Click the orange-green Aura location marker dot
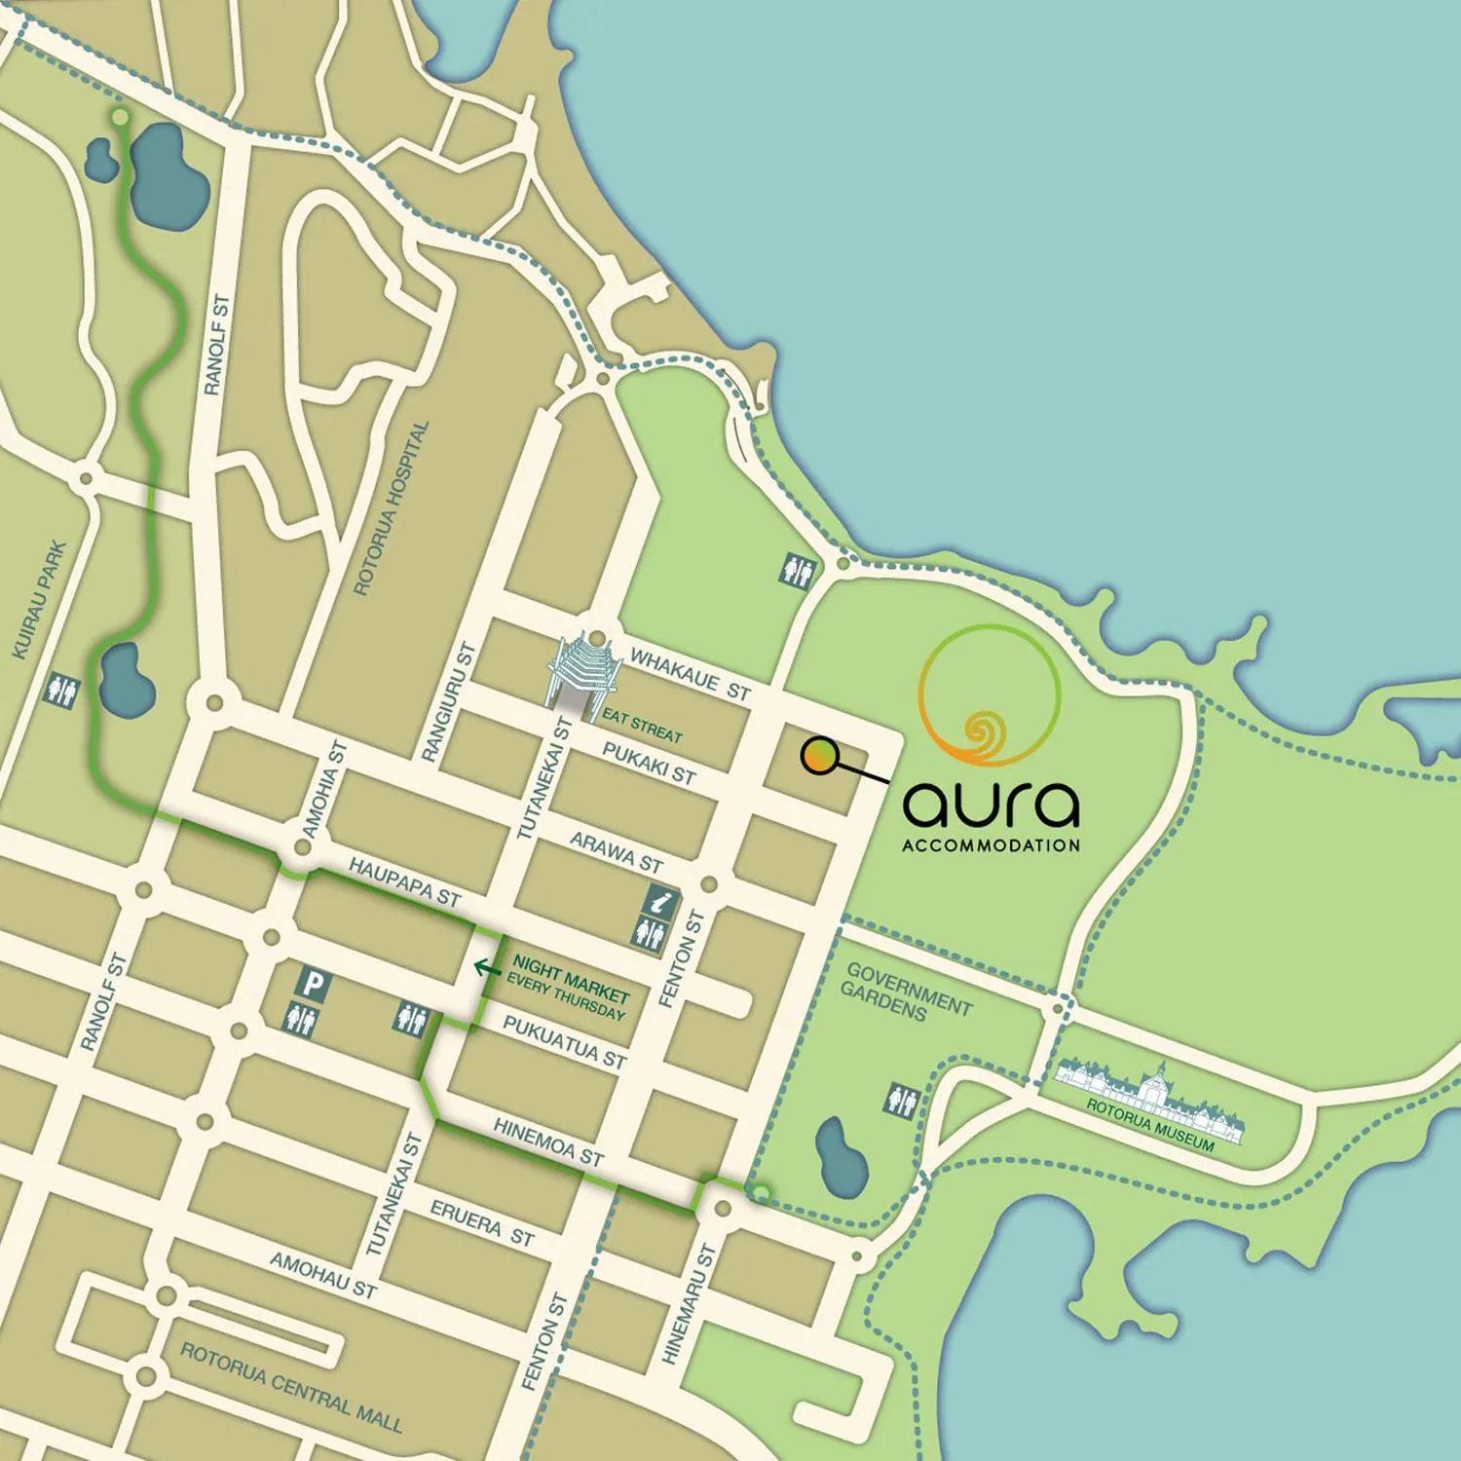(820, 757)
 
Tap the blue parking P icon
(312, 983)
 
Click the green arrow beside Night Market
(487, 967)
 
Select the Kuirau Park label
(40, 600)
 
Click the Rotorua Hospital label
(391, 508)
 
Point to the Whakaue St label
(690, 674)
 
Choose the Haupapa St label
(404, 881)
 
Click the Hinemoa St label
(548, 1143)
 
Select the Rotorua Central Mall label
(291, 1388)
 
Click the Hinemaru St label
(689, 1305)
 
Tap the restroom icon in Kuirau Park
(62, 692)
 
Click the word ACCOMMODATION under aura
(991, 845)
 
